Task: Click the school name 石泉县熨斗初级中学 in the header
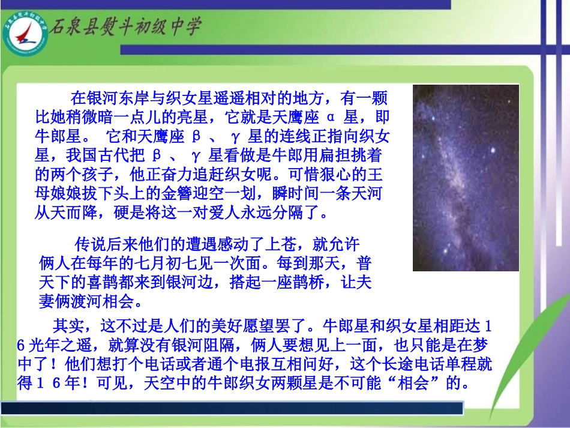[125, 27]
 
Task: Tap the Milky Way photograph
[465, 177]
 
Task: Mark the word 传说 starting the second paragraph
[89, 244]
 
